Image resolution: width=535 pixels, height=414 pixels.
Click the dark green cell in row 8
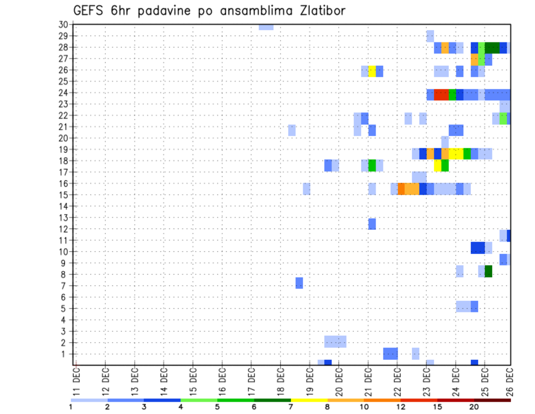(x=488, y=271)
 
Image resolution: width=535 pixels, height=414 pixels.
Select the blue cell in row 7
(x=299, y=283)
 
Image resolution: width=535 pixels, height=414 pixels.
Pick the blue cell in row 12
(x=372, y=224)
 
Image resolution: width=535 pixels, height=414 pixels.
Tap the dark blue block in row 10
(x=478, y=248)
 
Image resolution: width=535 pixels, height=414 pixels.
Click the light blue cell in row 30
(x=266, y=27)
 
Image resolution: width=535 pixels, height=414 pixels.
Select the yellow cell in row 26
(x=372, y=71)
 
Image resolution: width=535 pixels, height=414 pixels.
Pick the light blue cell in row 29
(x=430, y=36)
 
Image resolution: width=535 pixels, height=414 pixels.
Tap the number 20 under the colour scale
(x=474, y=407)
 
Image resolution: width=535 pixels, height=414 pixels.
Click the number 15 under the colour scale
(x=437, y=407)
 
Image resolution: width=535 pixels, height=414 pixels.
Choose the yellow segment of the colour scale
(x=309, y=400)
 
